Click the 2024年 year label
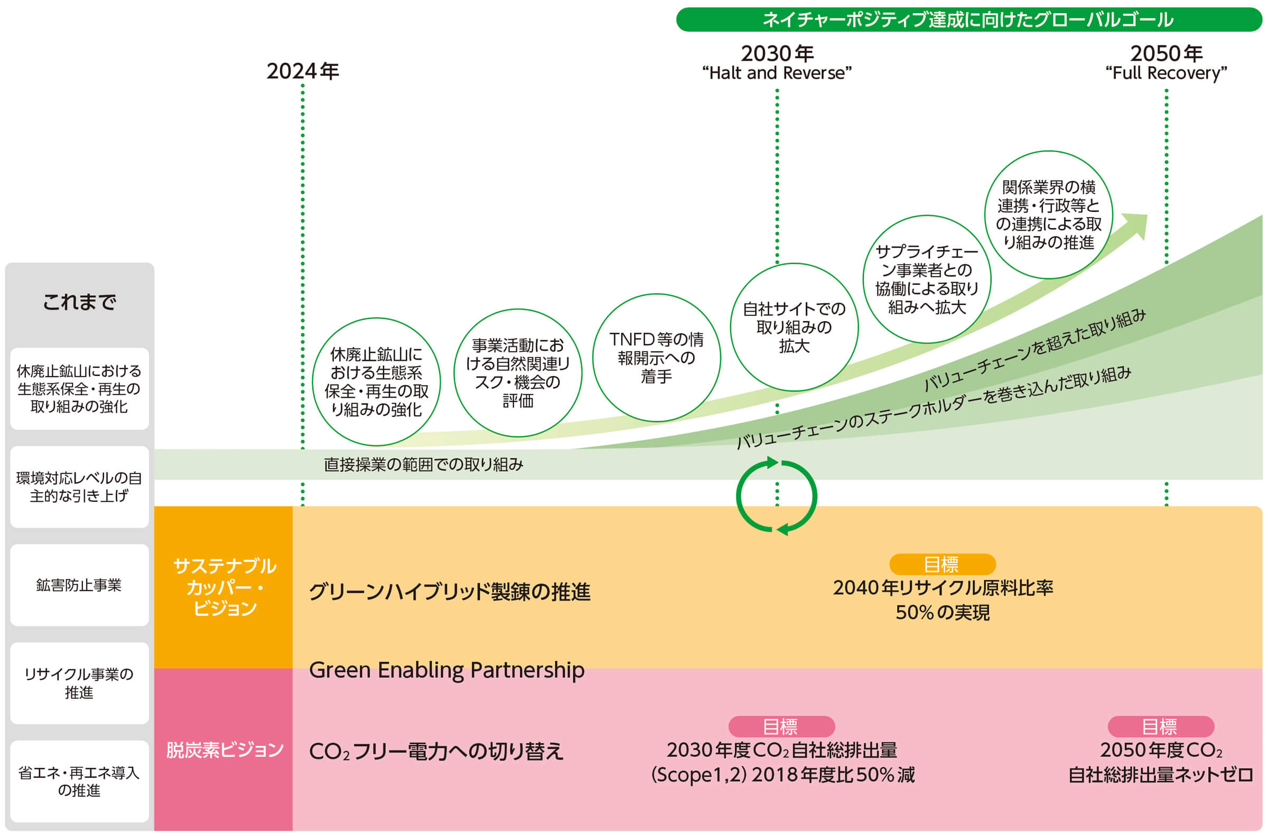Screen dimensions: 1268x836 (x=302, y=71)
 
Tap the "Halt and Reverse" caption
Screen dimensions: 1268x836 (x=777, y=73)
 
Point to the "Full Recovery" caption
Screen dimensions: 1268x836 (x=1166, y=73)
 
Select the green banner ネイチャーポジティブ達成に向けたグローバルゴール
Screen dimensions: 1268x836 (x=969, y=20)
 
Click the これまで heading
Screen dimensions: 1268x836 (x=79, y=302)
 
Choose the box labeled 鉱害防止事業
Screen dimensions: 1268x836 (x=79, y=585)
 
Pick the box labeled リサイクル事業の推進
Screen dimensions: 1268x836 (x=79, y=683)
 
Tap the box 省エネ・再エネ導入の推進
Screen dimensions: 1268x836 (x=79, y=781)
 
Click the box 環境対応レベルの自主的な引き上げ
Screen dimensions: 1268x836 (x=79, y=487)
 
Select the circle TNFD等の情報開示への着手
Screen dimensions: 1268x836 (x=656, y=358)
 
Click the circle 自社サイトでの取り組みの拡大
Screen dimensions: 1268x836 (x=794, y=327)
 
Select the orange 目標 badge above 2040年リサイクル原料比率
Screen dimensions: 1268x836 (x=942, y=564)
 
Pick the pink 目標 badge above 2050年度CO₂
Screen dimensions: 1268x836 (x=1161, y=726)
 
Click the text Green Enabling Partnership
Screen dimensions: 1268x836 (x=447, y=670)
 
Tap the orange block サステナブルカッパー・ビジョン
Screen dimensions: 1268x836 (x=223, y=587)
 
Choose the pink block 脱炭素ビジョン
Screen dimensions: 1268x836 (x=223, y=749)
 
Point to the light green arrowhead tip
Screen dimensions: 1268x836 (x=1147, y=215)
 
